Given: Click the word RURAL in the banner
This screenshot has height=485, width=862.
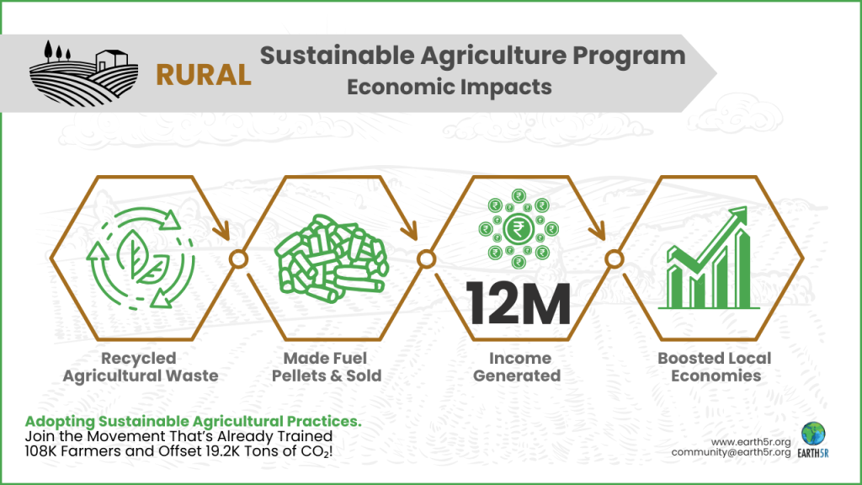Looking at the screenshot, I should point(204,75).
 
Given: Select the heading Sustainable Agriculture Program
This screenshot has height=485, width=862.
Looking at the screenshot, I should point(472,56).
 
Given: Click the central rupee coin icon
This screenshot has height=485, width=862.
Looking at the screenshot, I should point(517,229).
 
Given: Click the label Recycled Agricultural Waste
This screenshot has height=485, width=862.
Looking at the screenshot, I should point(141,367).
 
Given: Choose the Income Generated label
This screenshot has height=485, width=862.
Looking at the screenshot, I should point(517,367).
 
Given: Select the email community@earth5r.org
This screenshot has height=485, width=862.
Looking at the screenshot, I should point(731,453).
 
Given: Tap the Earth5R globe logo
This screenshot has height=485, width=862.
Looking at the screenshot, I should point(814,434).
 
